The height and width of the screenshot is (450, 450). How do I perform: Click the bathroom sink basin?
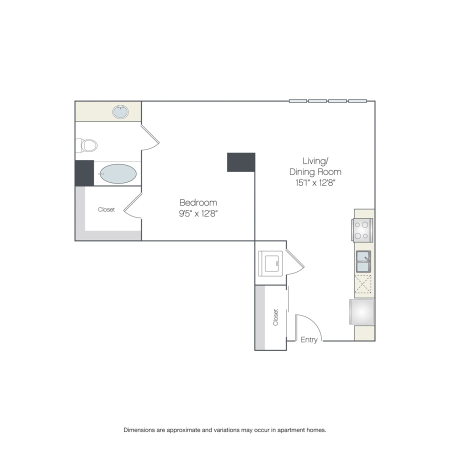120,112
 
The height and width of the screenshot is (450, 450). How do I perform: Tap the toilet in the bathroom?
86,145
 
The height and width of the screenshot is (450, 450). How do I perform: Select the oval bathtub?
118,174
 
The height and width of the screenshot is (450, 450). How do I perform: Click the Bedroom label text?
198,202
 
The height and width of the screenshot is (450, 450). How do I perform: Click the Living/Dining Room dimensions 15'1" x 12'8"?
315,183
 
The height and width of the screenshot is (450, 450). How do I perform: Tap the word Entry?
309,340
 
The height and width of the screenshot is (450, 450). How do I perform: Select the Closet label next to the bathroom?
106,209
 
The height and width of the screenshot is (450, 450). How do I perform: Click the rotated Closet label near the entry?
276,317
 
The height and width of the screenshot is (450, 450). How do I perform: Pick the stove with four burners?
362,230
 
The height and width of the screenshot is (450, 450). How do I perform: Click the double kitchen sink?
363,261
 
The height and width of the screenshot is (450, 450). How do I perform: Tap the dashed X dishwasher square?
363,284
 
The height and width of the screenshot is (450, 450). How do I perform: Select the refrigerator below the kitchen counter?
361,312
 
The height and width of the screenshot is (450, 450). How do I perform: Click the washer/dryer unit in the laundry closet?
270,263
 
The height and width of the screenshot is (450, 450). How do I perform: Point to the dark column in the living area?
241,162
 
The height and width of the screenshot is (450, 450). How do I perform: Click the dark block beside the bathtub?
84,173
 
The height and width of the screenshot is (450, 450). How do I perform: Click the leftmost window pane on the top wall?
298,101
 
